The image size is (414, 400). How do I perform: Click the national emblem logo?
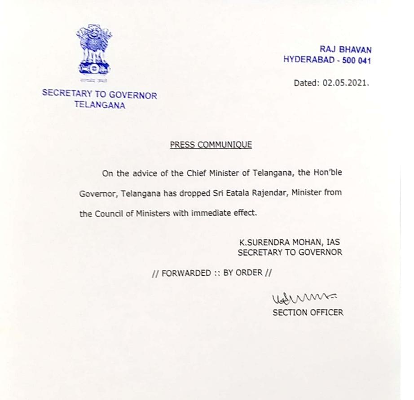coord(93,50)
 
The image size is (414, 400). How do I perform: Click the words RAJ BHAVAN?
coord(345,50)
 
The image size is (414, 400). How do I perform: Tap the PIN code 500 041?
coord(357,60)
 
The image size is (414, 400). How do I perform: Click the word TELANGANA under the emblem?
coord(100,106)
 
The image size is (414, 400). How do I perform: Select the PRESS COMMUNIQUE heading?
coord(211,145)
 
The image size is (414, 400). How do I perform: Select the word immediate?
coord(211,213)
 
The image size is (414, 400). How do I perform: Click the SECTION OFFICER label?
coord(308,313)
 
